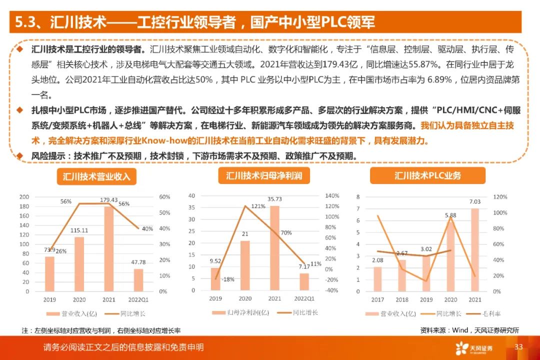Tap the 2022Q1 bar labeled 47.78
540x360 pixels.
pyautogui.click(x=138, y=280)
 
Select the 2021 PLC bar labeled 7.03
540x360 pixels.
pyautogui.click(x=474, y=249)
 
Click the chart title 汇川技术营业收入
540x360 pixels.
pyautogui.click(x=96, y=177)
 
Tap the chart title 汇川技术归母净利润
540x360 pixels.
pyautogui.click(x=260, y=175)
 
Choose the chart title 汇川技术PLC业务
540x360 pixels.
pyautogui.click(x=427, y=175)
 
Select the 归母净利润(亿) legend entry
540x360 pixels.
pyautogui.click(x=238, y=313)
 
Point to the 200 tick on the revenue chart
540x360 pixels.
pyautogui.click(x=23, y=197)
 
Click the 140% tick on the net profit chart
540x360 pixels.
pyautogui.click(x=332, y=195)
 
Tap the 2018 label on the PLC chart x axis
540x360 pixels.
pyautogui.click(x=402, y=299)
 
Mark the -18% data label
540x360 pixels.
pyautogui.click(x=228, y=279)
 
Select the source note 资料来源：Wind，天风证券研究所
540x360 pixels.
pyautogui.click(x=469, y=330)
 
